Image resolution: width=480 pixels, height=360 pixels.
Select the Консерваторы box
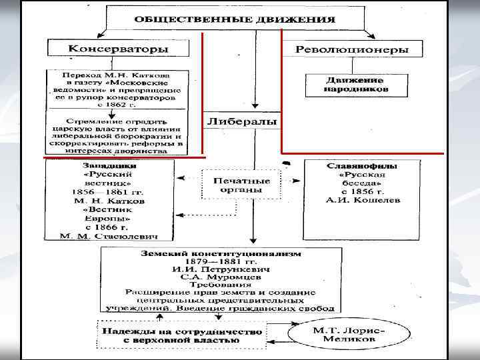click(x=119, y=49)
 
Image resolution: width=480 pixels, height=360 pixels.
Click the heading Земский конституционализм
click(x=220, y=255)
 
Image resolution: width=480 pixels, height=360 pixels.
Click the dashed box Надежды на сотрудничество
click(x=181, y=334)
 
